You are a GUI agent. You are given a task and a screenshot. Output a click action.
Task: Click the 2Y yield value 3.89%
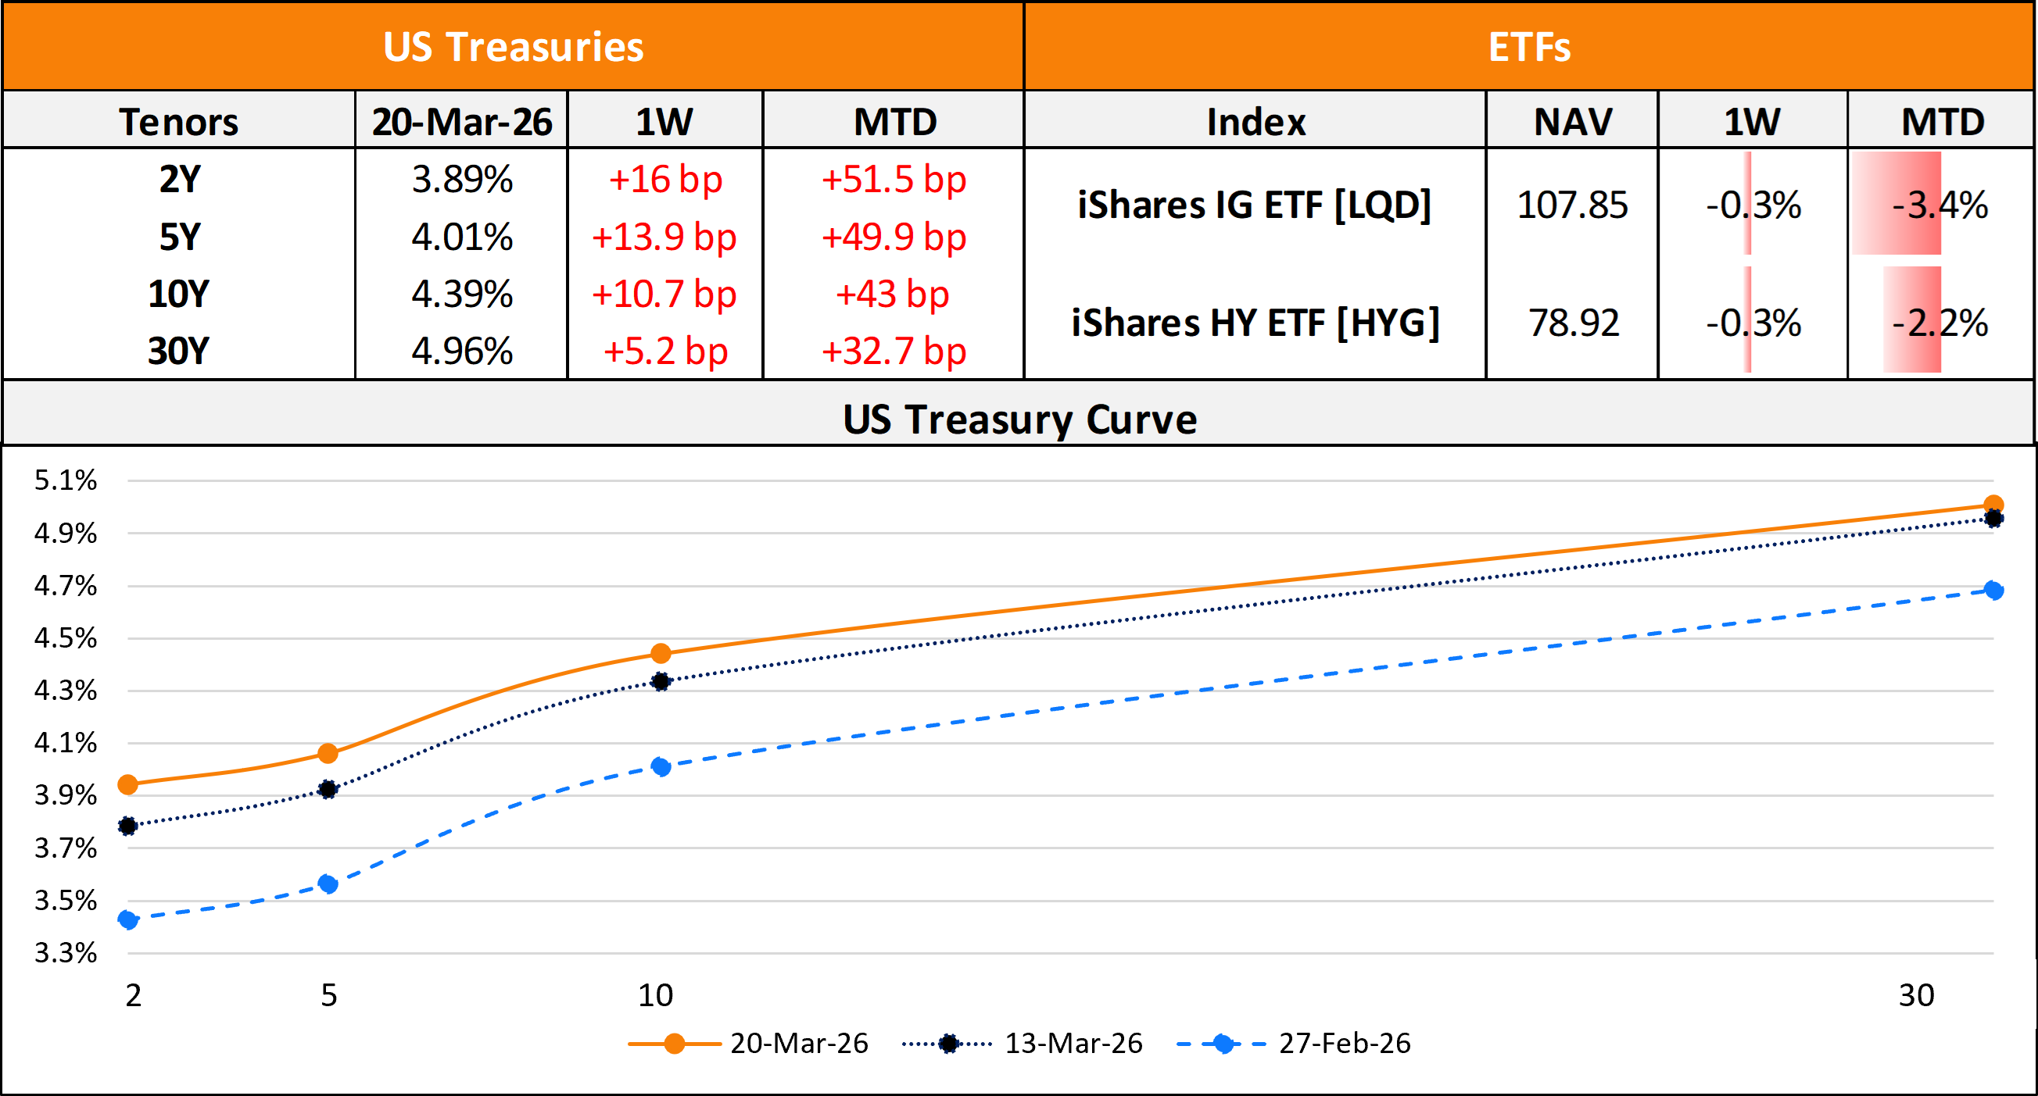pyautogui.click(x=462, y=180)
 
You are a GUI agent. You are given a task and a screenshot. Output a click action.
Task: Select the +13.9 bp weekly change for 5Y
pyautogui.click(x=664, y=237)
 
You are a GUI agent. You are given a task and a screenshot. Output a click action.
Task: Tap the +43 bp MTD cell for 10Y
pyautogui.click(x=893, y=295)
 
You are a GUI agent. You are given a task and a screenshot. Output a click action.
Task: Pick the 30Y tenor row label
pyautogui.click(x=179, y=351)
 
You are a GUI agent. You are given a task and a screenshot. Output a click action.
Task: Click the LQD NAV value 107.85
pyautogui.click(x=1572, y=205)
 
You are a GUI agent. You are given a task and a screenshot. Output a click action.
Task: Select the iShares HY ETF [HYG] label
pyautogui.click(x=1255, y=323)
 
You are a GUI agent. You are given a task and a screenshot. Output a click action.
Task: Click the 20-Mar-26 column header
pyautogui.click(x=462, y=122)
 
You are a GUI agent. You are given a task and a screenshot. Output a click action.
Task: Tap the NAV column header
pyautogui.click(x=1572, y=122)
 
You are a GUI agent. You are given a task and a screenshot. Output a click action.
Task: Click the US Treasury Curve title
pyautogui.click(x=1019, y=419)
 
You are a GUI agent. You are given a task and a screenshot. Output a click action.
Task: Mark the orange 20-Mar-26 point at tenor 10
pyautogui.click(x=661, y=653)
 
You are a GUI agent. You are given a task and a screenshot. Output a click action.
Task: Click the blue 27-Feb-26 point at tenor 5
pyautogui.click(x=328, y=884)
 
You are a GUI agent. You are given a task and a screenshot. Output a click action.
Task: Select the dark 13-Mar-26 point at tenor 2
pyautogui.click(x=127, y=826)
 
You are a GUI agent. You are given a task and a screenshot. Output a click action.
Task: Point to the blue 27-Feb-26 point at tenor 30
pyautogui.click(x=1993, y=590)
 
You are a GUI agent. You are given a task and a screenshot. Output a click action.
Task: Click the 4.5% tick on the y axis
pyautogui.click(x=65, y=638)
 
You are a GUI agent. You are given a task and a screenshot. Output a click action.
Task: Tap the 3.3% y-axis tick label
pyautogui.click(x=65, y=953)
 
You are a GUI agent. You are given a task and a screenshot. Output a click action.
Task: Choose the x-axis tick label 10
pyautogui.click(x=655, y=994)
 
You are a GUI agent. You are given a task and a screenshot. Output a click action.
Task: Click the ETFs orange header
pyautogui.click(x=1528, y=47)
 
